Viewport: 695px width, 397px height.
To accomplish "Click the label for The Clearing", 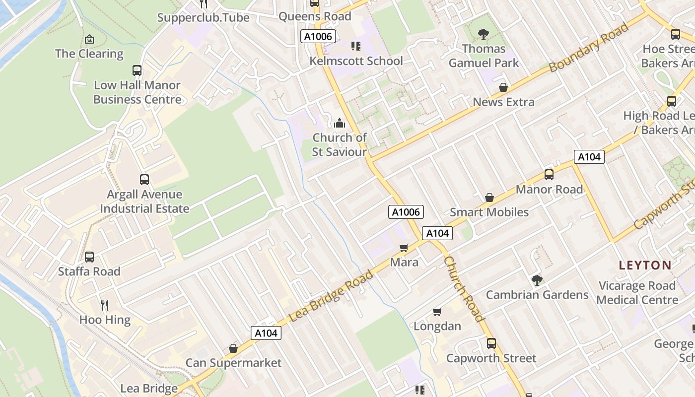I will [x=89, y=54].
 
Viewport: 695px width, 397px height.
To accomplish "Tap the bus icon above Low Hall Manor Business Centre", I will [x=137, y=70].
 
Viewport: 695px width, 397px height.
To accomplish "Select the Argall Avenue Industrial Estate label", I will [x=144, y=201].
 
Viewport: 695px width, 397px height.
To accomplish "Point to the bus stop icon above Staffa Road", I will [x=89, y=257].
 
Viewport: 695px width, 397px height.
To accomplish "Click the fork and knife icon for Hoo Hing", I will [x=105, y=305].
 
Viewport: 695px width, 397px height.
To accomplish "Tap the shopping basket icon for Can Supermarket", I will [x=233, y=348].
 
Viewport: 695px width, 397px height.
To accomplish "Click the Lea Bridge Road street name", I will [x=331, y=296].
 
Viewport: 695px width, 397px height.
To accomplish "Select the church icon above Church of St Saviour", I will [x=340, y=123].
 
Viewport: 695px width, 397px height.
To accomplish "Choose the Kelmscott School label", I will [x=356, y=61].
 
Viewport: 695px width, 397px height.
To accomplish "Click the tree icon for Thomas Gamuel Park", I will [x=484, y=34].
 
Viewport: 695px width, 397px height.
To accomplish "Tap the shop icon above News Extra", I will [x=503, y=88].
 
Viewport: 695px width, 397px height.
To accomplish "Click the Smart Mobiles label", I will [x=489, y=212].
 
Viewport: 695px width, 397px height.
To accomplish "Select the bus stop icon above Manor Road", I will [x=549, y=175].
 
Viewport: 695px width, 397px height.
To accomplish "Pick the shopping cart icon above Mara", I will [x=404, y=248].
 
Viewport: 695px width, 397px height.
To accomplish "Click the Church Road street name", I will [x=463, y=289].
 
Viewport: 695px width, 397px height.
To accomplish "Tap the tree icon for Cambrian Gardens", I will [x=537, y=280].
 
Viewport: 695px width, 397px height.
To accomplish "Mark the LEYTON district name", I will [x=645, y=265].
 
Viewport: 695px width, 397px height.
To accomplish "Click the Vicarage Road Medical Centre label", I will [x=637, y=293].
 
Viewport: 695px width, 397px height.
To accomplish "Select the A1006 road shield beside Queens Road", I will [x=318, y=36].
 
